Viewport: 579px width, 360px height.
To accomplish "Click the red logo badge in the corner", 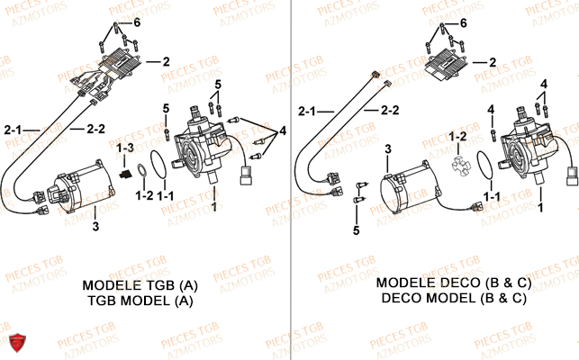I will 15,342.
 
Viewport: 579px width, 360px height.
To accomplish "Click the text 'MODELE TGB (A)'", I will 140,285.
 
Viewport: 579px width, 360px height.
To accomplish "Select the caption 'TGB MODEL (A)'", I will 140,301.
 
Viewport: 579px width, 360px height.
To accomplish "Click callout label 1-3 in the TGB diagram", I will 124,146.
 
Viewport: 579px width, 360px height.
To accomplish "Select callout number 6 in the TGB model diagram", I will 137,22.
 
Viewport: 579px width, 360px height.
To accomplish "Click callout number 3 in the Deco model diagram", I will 386,148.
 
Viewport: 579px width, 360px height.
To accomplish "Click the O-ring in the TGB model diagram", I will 158,165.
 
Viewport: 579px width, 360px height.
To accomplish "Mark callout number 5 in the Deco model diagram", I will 357,231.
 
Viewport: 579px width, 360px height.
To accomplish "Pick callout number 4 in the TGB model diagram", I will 284,130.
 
